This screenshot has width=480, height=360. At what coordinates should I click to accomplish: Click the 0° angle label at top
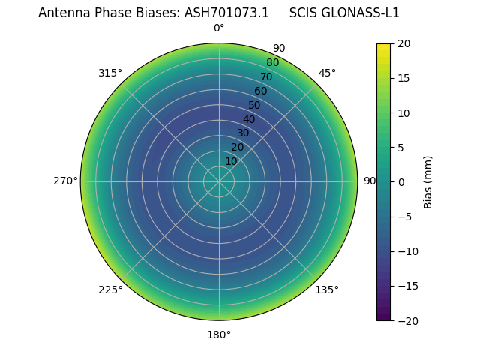coord(219,28)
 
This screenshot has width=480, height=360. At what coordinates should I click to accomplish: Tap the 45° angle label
coord(327,73)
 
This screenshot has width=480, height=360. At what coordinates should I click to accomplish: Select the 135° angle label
coord(327,289)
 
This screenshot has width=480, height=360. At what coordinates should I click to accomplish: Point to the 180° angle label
coord(219,334)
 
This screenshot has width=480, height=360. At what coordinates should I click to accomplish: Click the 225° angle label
coord(110,289)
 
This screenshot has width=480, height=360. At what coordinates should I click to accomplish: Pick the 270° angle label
coord(65,181)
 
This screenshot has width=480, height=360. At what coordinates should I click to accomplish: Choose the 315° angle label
coord(110,73)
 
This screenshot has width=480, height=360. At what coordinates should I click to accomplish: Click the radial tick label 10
coord(231,161)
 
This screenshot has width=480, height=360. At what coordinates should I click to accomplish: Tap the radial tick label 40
coord(249,120)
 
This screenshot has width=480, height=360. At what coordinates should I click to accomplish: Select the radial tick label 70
coord(266,77)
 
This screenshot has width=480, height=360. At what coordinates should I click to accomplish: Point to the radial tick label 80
coord(272,63)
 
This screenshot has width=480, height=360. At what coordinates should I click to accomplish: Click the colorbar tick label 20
coord(403,44)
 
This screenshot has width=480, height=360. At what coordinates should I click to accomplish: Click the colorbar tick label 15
coord(403,79)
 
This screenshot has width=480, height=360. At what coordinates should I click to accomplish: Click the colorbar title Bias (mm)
coord(428,182)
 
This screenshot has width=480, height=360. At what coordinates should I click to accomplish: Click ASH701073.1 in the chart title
coord(226,13)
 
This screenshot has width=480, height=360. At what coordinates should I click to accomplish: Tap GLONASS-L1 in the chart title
coord(364,13)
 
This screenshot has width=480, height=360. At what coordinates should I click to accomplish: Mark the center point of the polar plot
coord(219,181)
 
